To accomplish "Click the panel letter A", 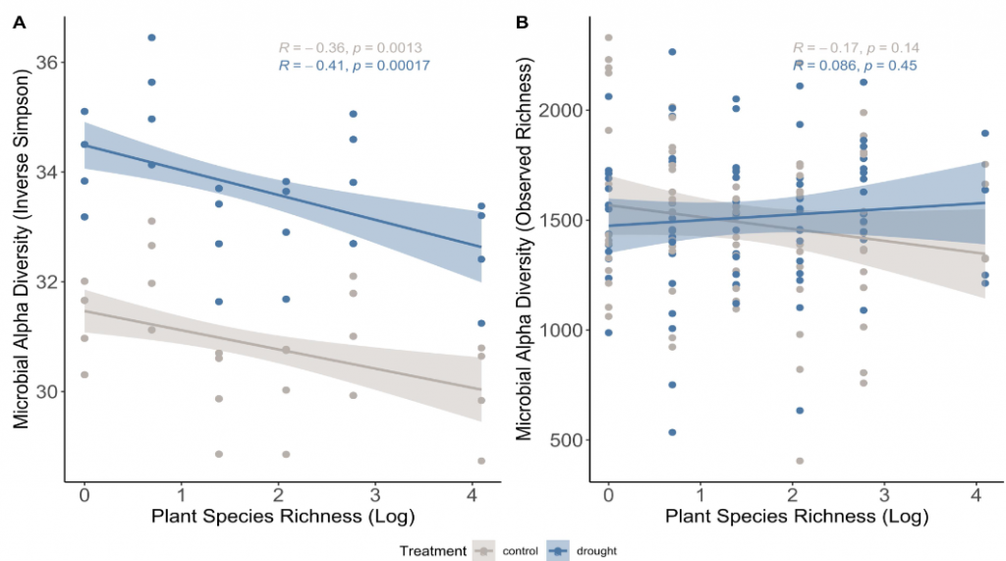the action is pos(20,24).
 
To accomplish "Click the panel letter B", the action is pos(523,24).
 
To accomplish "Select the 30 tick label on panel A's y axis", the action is pos(47,392).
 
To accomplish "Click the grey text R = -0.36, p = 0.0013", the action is pos(351,48).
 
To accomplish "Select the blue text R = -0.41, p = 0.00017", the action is pos(354,66).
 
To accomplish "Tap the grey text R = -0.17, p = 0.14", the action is pos(856,48).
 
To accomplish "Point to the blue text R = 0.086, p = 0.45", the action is pos(855,66).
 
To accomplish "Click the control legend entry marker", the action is pos(483,551).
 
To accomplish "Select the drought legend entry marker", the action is pos(558,551).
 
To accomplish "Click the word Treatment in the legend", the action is pos(433,551).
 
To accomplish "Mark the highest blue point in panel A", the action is pos(151,38).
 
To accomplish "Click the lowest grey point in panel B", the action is pos(800,461).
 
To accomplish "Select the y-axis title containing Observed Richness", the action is pos(525,249).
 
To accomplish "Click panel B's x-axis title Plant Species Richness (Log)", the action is pos(797,517).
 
